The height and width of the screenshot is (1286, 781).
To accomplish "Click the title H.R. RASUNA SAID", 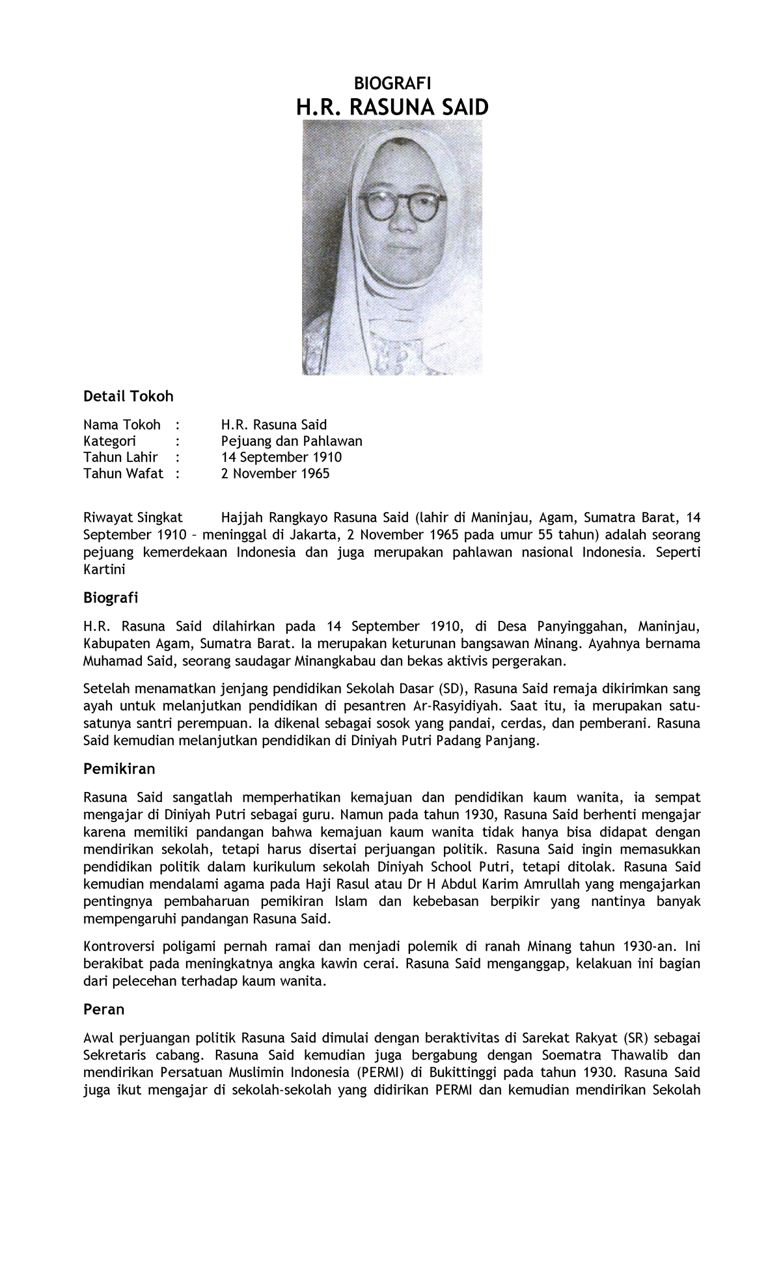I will pos(392,107).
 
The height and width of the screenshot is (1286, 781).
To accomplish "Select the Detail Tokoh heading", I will pos(128,396).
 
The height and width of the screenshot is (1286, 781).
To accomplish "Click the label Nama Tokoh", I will pos(122,425).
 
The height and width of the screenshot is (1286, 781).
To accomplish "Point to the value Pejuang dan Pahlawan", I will pos(292,441).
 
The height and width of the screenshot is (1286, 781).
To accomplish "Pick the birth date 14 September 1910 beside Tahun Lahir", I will pos(281,457).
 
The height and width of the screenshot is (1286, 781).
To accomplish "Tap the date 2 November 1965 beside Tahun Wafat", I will pos(275,473).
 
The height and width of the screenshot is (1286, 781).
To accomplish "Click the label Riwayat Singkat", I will pos(133,517).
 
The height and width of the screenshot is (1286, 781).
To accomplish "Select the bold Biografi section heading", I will pos(110,597).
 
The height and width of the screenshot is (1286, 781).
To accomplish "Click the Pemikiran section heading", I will pos(119,769).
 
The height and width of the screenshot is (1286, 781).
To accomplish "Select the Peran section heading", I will pos(103,1009).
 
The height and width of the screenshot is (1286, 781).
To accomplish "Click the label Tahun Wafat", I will pos(123,473).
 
